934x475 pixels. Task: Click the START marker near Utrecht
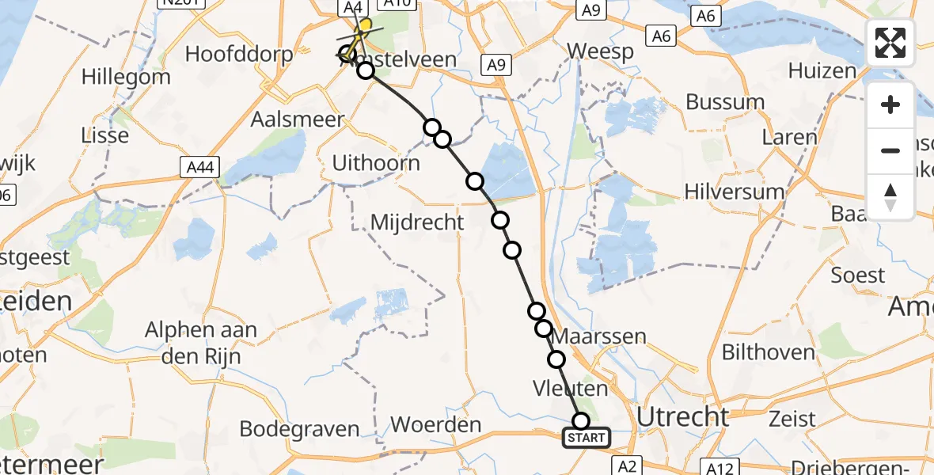(x=587, y=437)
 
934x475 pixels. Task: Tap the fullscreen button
(x=890, y=43)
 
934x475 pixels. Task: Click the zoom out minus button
(x=890, y=150)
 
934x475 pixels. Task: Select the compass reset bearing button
(x=890, y=196)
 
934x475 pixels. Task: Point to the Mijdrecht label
(x=418, y=222)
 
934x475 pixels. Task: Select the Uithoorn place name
(x=376, y=164)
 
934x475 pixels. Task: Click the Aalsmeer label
(x=298, y=120)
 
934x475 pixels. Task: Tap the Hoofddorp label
(x=238, y=55)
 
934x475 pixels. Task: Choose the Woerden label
(x=435, y=424)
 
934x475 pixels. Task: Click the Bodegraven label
(x=299, y=429)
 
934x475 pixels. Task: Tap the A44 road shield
(x=200, y=167)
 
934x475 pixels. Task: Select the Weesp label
(x=601, y=52)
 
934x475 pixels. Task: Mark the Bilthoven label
(x=768, y=351)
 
